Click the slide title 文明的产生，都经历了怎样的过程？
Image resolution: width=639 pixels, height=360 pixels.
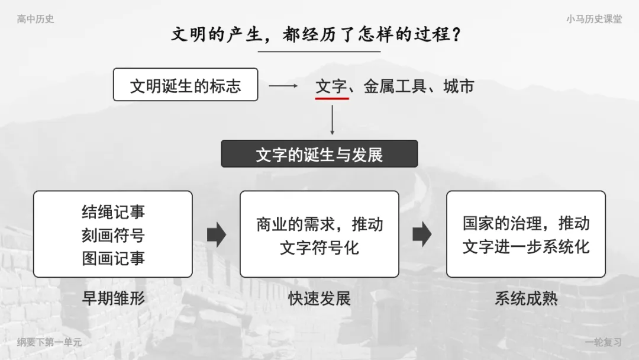[316, 34]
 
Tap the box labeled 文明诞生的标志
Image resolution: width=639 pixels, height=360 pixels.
[185, 85]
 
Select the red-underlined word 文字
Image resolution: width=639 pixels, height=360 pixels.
[331, 86]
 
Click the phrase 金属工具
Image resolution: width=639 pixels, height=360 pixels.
[395, 86]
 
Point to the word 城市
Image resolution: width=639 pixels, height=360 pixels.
[459, 86]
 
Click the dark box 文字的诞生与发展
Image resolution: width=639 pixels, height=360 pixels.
[319, 154]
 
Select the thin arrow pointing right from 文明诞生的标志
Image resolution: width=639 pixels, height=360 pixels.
[283, 86]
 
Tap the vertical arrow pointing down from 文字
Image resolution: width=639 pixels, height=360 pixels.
[332, 120]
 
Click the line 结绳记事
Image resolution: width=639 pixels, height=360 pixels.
[113, 212]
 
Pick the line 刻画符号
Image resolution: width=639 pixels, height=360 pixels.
[113, 235]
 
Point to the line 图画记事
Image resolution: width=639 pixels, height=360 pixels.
[113, 259]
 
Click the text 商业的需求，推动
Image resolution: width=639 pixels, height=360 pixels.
[319, 224]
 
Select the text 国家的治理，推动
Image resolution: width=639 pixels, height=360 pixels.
[526, 223]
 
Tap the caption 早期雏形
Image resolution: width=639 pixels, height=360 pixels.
[113, 298]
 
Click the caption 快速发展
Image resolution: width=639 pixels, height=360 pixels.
[319, 298]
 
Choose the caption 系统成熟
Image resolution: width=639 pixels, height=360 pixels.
[526, 298]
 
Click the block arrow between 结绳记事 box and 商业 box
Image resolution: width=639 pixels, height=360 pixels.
[217, 234]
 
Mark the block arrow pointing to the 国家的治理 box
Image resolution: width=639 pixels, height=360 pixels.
[422, 234]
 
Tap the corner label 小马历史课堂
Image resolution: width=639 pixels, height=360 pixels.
[594, 19]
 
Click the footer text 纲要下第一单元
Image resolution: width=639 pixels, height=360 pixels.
[49, 342]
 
